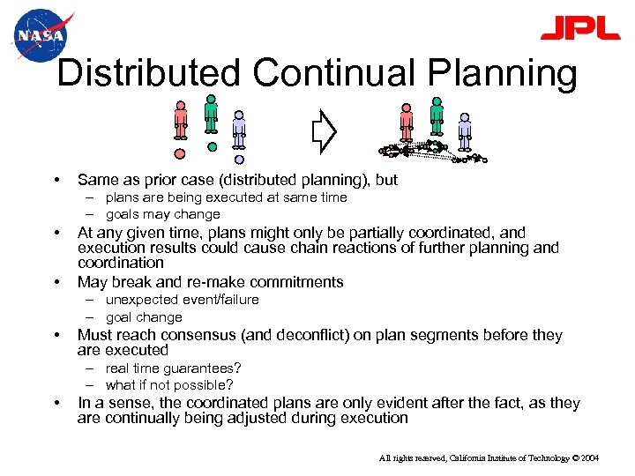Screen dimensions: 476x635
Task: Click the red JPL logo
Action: coord(579,28)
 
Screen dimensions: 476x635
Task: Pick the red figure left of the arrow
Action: coord(181,121)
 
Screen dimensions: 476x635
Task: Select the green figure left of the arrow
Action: coord(211,115)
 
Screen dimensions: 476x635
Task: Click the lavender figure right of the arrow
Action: coord(465,129)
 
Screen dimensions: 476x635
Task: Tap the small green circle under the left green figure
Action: coord(212,146)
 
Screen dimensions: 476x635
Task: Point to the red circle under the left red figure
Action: coord(180,153)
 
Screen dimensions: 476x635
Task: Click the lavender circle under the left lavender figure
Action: coord(239,160)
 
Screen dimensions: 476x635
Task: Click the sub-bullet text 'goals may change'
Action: coord(163,214)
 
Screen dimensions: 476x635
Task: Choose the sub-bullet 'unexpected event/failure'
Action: coord(183,300)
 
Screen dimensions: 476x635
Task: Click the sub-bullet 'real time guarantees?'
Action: coord(174,368)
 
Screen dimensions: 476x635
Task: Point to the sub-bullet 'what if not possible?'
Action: coord(169,385)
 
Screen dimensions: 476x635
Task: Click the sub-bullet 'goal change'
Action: coord(144,317)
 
